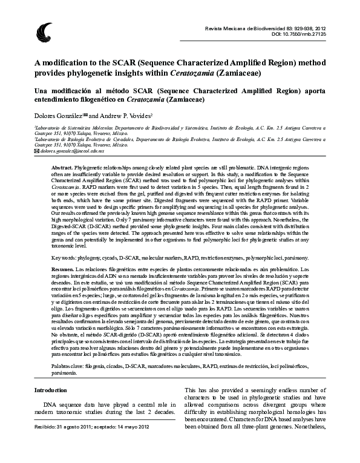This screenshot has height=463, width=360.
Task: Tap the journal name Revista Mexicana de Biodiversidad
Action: tap(248, 28)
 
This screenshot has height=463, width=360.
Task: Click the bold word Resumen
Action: tap(62, 268)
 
